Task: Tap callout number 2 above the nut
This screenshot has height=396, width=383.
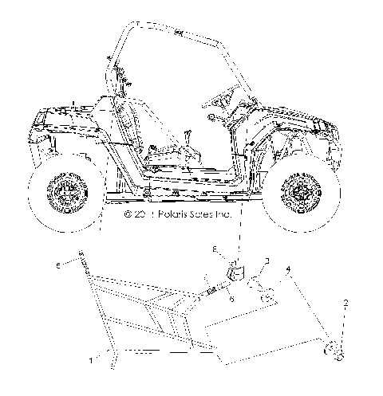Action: [x=345, y=303]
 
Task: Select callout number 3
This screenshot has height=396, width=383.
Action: [x=267, y=261]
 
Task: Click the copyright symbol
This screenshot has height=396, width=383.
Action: [x=127, y=215]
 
